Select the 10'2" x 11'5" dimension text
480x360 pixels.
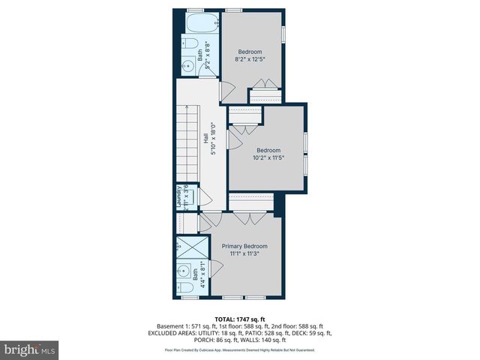265,157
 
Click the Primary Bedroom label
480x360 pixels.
244,246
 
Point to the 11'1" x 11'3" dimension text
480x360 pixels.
244,254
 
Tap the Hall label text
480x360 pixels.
206,139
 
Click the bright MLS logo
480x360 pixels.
30,349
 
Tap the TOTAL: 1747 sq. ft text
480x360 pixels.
240,319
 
